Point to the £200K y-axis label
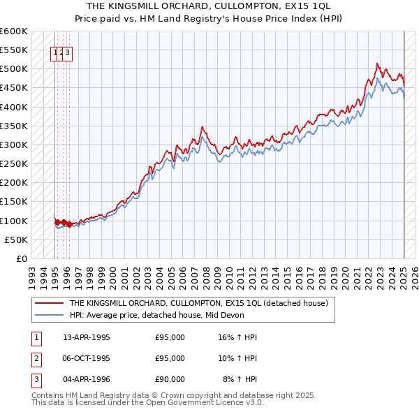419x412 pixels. tap(14, 183)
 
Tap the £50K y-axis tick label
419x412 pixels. tap(16, 240)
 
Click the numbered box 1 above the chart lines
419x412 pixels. tap(54, 52)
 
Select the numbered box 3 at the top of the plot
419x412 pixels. tap(69, 52)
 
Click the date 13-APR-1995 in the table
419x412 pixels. tap(87, 337)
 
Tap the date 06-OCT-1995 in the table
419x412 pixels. tap(87, 358)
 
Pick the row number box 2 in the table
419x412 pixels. tap(34, 358)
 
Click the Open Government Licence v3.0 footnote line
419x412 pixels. tap(147, 403)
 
